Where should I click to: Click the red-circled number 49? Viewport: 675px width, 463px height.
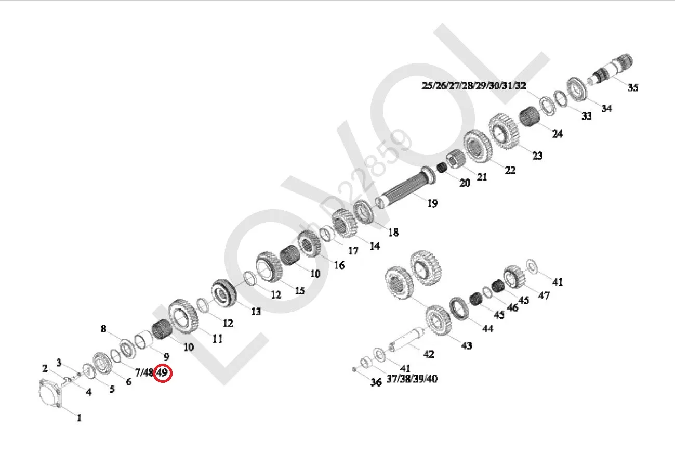pyautogui.click(x=163, y=373)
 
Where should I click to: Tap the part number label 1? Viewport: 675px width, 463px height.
pyautogui.click(x=79, y=418)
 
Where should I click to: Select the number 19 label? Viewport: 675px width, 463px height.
pyautogui.click(x=432, y=203)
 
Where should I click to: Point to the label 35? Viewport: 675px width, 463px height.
pyautogui.click(x=632, y=87)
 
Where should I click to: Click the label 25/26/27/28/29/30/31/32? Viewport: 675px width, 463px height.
pyautogui.click(x=474, y=86)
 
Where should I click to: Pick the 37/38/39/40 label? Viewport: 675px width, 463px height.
pyautogui.click(x=412, y=379)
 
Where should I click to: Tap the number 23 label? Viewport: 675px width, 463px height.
pyautogui.click(x=537, y=155)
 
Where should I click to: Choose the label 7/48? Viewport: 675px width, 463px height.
pyautogui.click(x=144, y=372)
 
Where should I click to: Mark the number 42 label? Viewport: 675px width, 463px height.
pyautogui.click(x=428, y=354)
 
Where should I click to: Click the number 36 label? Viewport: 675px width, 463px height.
pyautogui.click(x=376, y=382)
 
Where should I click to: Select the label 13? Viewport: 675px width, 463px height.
pyautogui.click(x=256, y=312)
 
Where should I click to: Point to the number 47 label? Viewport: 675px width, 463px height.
pyautogui.click(x=544, y=295)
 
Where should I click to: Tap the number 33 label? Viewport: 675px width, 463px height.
pyautogui.click(x=586, y=116)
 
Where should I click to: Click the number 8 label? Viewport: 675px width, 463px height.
pyautogui.click(x=103, y=329)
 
